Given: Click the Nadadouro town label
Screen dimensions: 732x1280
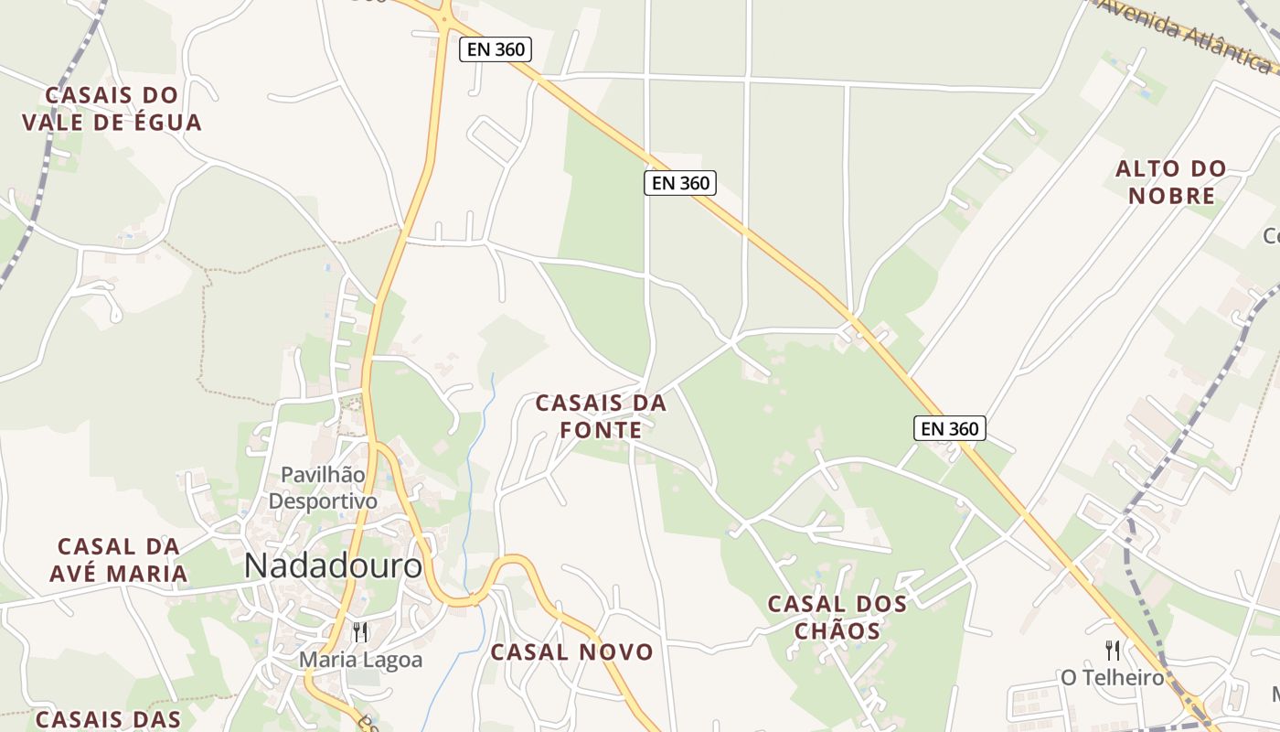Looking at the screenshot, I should [x=334, y=566].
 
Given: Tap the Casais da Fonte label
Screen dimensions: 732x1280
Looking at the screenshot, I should [x=601, y=416].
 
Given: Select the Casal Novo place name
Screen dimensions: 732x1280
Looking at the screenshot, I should [x=572, y=652].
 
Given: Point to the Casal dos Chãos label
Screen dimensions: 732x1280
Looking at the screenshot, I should [x=837, y=618].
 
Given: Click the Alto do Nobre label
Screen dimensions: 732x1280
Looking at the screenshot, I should [x=1171, y=182].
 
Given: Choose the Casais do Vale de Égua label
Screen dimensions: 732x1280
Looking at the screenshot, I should [x=112, y=109].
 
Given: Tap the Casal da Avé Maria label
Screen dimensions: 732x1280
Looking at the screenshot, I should [x=123, y=560].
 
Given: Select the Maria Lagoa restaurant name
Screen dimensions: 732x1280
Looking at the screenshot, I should [x=361, y=659].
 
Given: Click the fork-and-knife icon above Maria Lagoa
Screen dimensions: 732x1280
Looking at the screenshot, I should [x=360, y=632].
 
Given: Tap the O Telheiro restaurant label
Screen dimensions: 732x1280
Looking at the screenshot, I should [x=1112, y=678].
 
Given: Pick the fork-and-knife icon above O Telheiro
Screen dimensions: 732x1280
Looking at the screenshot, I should [x=1113, y=651].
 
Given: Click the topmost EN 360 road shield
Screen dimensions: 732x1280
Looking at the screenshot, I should [x=496, y=49].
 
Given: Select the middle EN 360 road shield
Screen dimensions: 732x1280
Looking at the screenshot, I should [x=680, y=183].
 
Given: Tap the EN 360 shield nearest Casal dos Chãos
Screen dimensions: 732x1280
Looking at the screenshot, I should [x=950, y=427].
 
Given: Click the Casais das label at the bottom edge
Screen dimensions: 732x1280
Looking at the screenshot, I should [x=107, y=719].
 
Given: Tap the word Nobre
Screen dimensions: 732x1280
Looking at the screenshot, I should [x=1171, y=196].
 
